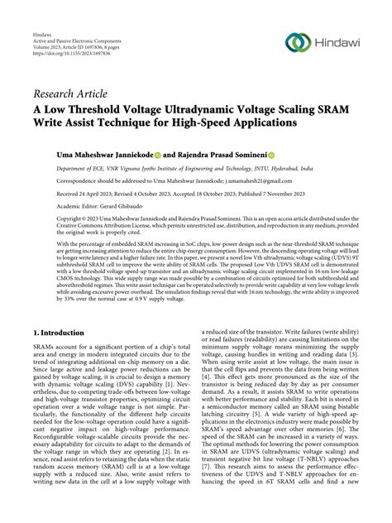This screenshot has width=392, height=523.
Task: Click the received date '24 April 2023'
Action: click(86, 194)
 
